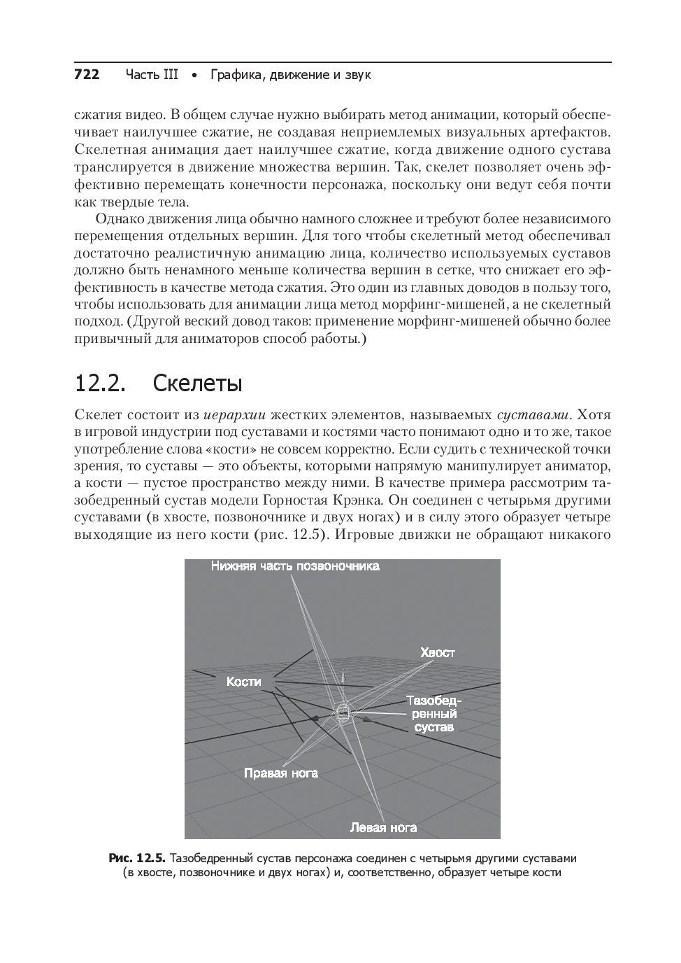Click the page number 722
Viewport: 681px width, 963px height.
point(87,74)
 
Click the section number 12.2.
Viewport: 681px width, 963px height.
point(100,384)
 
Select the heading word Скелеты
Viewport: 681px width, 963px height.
point(197,384)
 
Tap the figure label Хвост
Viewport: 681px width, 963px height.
point(438,652)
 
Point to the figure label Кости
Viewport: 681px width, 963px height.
point(243,682)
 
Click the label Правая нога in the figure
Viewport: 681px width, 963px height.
point(280,773)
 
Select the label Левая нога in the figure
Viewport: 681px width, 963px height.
point(383,827)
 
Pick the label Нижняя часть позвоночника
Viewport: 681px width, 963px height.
point(295,565)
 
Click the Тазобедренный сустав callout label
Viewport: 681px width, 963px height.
point(434,714)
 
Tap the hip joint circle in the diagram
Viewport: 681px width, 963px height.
point(343,713)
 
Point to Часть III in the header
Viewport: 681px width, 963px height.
point(152,74)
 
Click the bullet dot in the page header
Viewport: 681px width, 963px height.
point(194,74)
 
